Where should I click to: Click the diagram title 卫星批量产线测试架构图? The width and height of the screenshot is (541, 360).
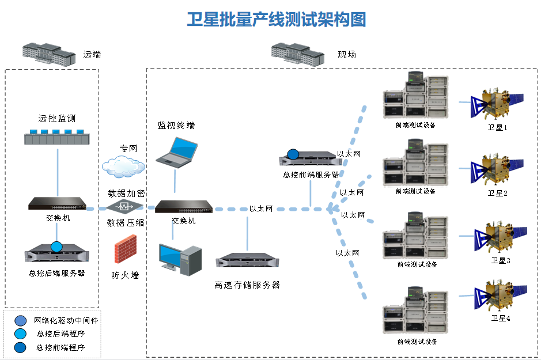[x=277, y=19]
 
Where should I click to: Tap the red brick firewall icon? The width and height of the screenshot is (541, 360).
[x=125, y=250]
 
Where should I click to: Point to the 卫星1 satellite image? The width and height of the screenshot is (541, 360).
[x=497, y=104]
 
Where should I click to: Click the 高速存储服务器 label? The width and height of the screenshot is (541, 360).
[x=247, y=285]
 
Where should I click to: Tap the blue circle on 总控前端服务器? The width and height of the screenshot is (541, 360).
[x=293, y=154]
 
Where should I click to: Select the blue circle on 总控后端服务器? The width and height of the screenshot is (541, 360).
[x=56, y=247]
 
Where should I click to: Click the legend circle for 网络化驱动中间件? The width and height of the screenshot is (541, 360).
[x=21, y=321]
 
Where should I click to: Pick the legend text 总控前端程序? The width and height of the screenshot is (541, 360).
[x=60, y=347]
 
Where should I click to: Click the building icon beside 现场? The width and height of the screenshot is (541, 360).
[x=298, y=53]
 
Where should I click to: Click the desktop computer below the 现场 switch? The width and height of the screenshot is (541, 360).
[x=180, y=259]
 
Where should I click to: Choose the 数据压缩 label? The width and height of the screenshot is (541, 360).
[x=126, y=222]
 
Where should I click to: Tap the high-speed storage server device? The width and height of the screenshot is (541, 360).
[x=247, y=261]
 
